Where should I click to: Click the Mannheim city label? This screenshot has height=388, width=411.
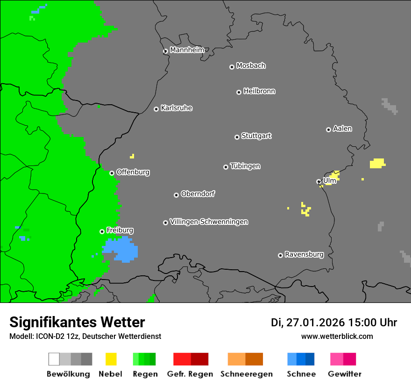point(187,50)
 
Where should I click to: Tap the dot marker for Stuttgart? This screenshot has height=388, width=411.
point(237,137)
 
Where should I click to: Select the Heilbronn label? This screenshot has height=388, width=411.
point(259,91)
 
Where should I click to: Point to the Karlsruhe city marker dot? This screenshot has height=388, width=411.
point(156,109)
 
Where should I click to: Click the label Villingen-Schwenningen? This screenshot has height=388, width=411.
point(209,222)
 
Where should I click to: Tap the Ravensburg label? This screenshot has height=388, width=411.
point(304,254)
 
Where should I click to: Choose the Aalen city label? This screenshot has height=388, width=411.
point(342,129)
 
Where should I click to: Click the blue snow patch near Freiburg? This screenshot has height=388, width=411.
point(121,250)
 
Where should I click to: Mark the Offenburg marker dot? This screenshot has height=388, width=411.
point(112,173)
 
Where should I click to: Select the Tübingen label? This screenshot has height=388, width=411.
point(245,166)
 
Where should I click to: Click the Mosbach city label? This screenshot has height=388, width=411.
point(251,66)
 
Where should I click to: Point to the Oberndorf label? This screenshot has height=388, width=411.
point(198,194)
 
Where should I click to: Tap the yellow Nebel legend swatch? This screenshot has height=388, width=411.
point(111,359)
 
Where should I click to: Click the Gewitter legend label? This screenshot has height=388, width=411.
point(344,374)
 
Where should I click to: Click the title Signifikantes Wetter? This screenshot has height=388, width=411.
point(77,322)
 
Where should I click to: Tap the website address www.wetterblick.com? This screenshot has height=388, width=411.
point(337,336)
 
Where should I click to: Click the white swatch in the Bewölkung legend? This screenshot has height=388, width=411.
point(54,359)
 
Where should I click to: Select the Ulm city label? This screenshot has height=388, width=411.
point(329,180)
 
